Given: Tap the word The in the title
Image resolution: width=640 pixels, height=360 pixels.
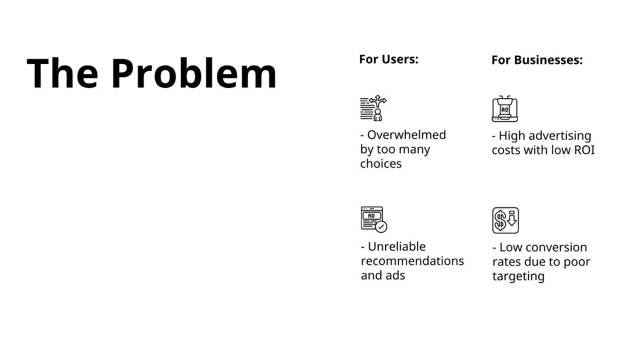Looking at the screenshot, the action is [62, 73].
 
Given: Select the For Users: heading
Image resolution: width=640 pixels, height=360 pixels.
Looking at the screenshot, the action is [389, 59].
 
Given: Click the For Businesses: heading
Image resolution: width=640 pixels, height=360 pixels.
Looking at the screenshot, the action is [537, 60].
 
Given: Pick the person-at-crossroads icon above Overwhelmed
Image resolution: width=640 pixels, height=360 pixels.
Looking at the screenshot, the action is [373, 108].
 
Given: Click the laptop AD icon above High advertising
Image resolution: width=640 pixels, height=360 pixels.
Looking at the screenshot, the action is [505, 109].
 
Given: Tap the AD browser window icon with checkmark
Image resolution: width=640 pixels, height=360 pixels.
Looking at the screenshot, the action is [374, 220].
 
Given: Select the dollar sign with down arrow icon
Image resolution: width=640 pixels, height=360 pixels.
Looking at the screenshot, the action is [506, 220].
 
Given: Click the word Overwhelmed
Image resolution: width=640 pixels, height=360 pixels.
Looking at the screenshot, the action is [406, 135].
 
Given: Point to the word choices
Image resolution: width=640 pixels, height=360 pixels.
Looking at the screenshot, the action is [381, 164].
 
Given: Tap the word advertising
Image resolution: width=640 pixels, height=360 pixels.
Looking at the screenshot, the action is [559, 136].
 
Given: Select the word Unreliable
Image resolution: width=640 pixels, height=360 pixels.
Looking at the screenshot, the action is [397, 246].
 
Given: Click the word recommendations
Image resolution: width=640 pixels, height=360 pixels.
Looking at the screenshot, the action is [412, 261].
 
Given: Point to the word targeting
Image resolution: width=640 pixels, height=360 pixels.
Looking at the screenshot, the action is [518, 277].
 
